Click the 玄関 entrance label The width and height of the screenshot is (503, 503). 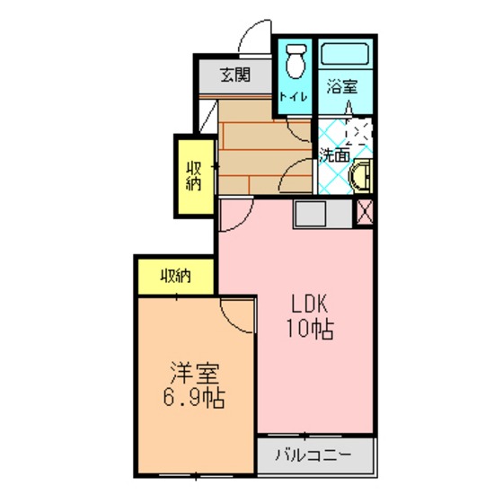(235, 75)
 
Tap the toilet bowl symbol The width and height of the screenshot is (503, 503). (296, 61)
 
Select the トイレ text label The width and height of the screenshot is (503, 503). (293, 97)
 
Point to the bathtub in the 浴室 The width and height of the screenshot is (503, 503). (345, 54)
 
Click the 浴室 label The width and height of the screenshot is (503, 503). (342, 86)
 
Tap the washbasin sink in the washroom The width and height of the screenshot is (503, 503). (360, 176)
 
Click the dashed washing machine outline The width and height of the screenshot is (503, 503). (357, 131)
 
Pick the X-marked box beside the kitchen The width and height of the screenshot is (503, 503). (365, 212)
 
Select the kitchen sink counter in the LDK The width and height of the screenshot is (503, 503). (322, 214)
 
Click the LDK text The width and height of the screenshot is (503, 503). (309, 304)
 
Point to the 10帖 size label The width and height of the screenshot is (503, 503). (310, 329)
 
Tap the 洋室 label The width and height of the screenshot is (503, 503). (194, 373)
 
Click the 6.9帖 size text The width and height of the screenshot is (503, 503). (194, 398)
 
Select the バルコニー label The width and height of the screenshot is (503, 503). (313, 454)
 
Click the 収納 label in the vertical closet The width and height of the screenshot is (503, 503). (194, 176)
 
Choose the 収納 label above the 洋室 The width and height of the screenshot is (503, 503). (176, 276)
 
